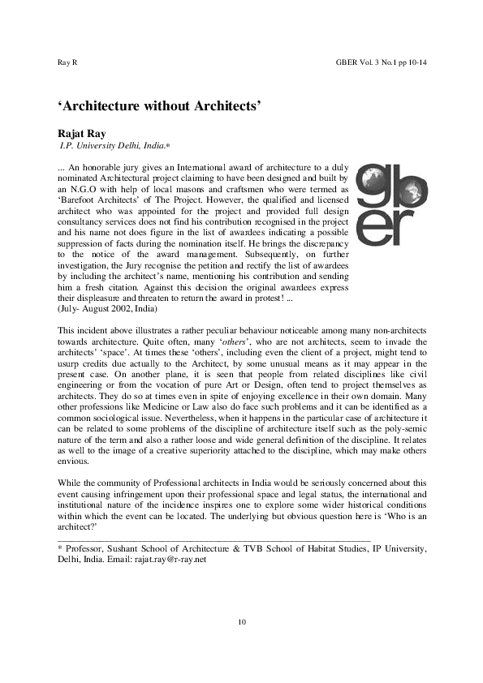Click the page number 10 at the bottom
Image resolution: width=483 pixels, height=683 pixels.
pos(241,622)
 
